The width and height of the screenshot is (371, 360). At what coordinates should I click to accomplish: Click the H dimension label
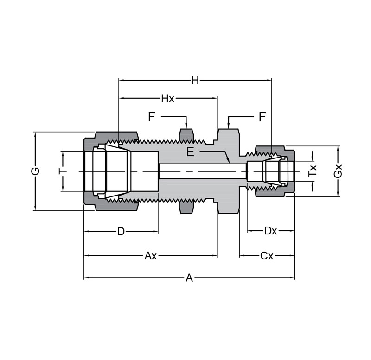tap(195, 80)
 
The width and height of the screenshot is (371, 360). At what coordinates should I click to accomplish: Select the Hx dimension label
tap(167, 98)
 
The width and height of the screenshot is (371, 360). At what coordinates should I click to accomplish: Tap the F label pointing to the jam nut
tap(151, 117)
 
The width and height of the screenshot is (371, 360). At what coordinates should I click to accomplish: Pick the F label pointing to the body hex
tap(262, 117)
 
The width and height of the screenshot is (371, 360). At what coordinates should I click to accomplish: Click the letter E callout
tap(191, 152)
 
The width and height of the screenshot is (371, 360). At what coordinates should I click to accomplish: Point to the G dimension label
tap(35, 171)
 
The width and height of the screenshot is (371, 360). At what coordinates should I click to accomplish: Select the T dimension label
tap(62, 171)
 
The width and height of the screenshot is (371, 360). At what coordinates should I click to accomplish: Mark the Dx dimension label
tap(270, 231)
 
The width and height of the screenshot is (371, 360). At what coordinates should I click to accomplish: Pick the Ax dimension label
tap(150, 255)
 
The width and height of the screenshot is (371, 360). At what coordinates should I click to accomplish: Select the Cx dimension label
tap(267, 255)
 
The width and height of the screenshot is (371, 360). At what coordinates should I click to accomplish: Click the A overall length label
tap(189, 278)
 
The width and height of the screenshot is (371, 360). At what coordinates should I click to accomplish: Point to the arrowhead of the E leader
tap(229, 162)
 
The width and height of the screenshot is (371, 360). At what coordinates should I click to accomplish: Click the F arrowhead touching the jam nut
tap(186, 127)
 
